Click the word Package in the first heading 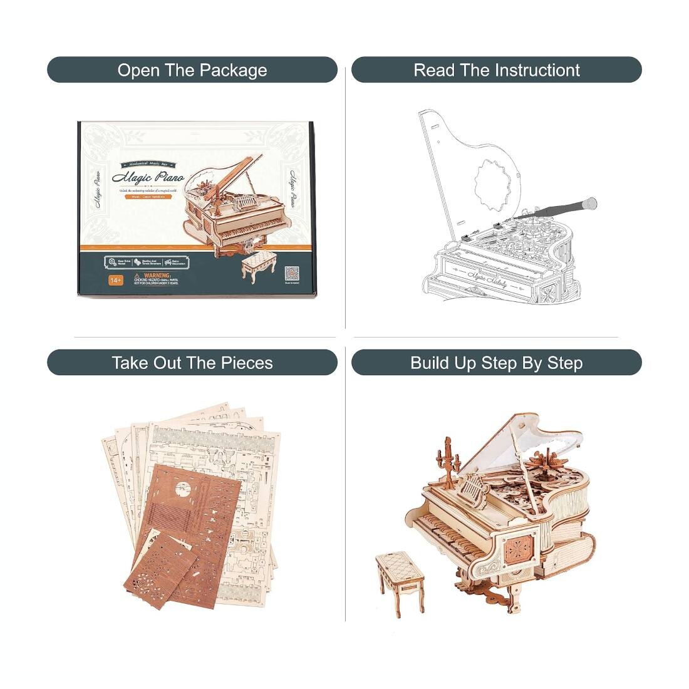pos(234,70)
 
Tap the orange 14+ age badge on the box pos(115,279)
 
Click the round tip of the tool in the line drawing pos(590,204)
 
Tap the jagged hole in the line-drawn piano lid pos(491,185)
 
